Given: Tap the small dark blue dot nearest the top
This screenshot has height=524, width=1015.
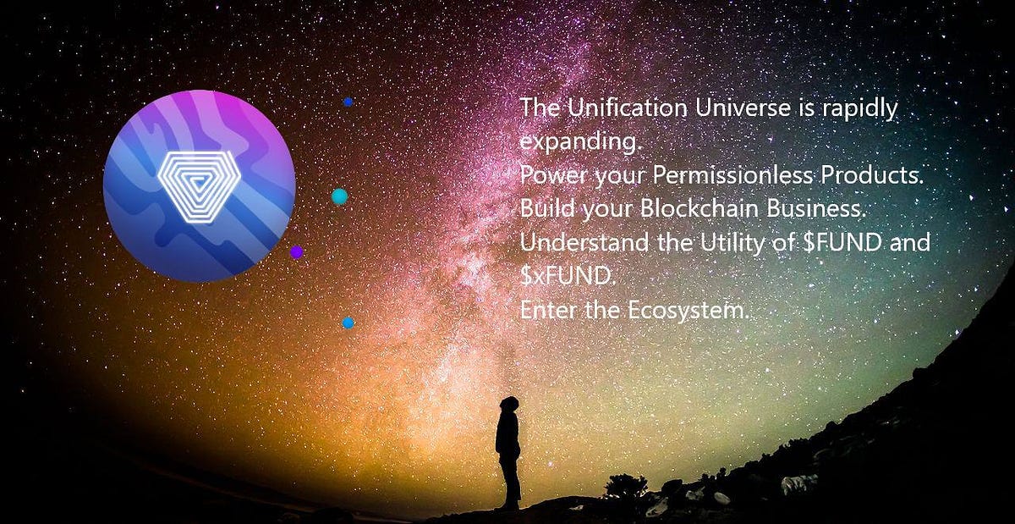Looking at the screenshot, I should tap(348, 102).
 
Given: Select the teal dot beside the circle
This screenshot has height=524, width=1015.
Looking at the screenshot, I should tap(339, 196).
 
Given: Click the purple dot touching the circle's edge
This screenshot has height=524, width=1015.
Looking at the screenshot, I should tap(296, 251).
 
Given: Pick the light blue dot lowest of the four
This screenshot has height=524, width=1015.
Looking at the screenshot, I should tap(348, 323).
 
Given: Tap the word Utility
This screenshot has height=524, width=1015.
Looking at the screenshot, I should tap(730, 243).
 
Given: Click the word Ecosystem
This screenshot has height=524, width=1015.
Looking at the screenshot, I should tap(689, 311).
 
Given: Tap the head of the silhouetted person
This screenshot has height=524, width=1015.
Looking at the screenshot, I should tap(509, 404).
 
